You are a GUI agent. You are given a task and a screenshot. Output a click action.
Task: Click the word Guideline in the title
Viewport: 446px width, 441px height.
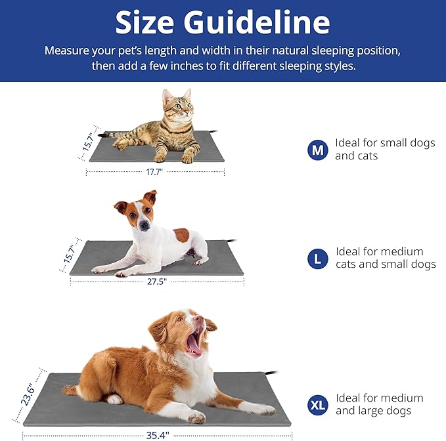point(256,22)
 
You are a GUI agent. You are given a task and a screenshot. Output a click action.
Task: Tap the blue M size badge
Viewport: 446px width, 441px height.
point(318,150)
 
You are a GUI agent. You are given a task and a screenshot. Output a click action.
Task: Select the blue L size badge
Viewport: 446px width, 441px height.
point(318,259)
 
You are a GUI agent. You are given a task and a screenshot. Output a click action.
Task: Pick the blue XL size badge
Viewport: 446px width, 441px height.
point(318,405)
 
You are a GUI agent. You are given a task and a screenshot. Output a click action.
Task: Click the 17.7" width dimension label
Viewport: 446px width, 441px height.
point(154,171)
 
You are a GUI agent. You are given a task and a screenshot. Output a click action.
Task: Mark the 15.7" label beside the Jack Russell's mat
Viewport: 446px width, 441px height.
point(70,253)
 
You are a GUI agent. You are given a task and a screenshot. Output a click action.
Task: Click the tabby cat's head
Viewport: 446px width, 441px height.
point(178,105)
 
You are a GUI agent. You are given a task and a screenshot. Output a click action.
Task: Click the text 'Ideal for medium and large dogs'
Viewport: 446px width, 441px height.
point(379,405)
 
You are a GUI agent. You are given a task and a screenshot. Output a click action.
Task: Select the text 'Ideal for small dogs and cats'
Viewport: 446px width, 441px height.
point(384,150)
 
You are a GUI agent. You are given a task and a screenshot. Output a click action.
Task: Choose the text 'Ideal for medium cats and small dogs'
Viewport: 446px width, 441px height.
point(385,258)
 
